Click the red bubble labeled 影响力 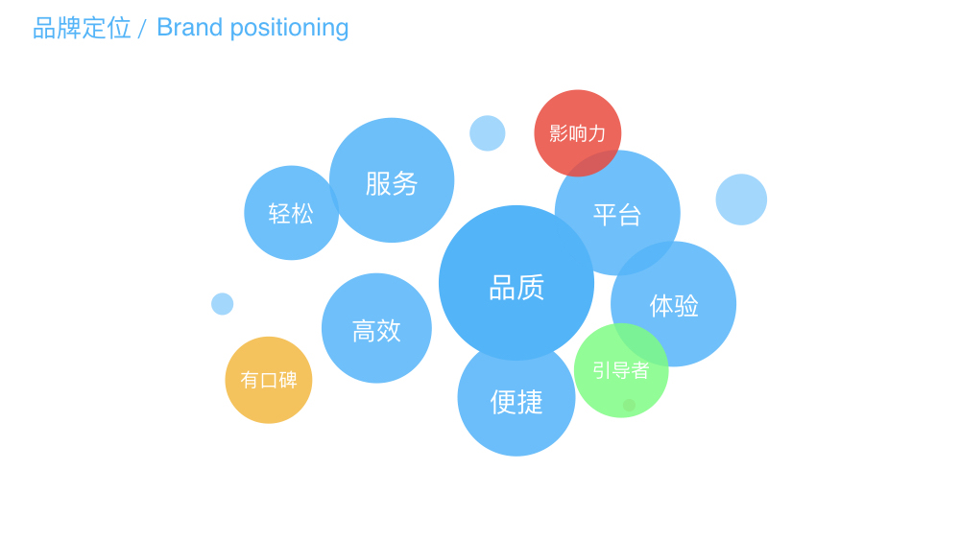577,132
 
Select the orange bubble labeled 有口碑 269,380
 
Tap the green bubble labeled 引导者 621,370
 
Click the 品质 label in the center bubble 516,288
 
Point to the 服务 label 392,183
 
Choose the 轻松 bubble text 291,214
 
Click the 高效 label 376,331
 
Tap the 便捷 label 516,402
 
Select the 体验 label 674,305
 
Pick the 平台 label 616,215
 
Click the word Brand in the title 189,28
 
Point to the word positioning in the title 290,29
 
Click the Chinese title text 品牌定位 82,28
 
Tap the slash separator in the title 142,29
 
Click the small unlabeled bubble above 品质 488,132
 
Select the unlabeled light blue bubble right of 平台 741,200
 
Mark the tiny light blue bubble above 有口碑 223,304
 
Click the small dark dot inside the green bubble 629,405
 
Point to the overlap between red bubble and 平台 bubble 588,163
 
